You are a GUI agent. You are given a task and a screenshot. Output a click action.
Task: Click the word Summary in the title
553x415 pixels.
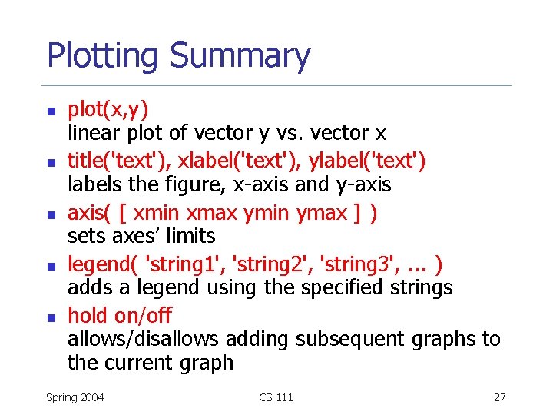click(x=240, y=57)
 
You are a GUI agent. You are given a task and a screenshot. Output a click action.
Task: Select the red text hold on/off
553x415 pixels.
click(x=120, y=315)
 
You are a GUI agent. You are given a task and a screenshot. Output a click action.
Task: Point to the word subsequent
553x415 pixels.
click(x=359, y=339)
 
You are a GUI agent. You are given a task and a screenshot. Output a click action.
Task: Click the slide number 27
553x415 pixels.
click(x=499, y=397)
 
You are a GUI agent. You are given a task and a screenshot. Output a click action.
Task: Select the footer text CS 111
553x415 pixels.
click(x=276, y=397)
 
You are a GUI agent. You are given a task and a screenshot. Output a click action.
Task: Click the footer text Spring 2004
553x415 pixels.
click(x=75, y=397)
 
